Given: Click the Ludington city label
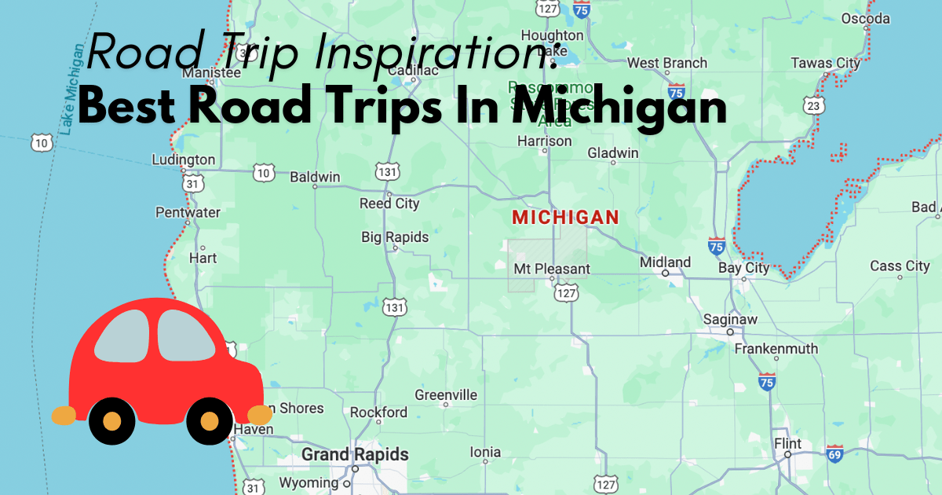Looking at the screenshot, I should point(183,159).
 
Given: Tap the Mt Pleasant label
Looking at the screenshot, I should point(551,269).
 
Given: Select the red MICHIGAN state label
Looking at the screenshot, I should point(565,217).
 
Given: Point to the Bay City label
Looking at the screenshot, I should point(743,267).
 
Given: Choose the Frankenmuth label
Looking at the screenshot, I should point(776,348).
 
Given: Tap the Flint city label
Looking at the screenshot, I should point(787,444).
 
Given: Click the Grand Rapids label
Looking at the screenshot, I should point(355,454).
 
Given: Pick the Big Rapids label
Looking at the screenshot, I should point(395,236).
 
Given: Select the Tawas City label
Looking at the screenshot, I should point(825,63).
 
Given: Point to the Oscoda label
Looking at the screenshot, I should point(865,18).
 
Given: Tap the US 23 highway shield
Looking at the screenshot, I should point(814,104).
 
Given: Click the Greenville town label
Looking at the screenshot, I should point(446,394).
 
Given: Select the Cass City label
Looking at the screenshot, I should point(900,266).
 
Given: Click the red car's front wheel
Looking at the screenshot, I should point(209,421).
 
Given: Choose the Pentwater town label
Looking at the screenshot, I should point(188,212).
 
